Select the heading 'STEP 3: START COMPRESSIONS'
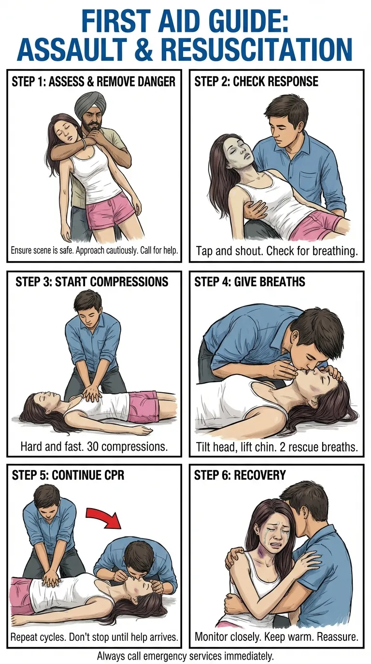[92, 281]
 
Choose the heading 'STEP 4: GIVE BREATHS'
[250, 281]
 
